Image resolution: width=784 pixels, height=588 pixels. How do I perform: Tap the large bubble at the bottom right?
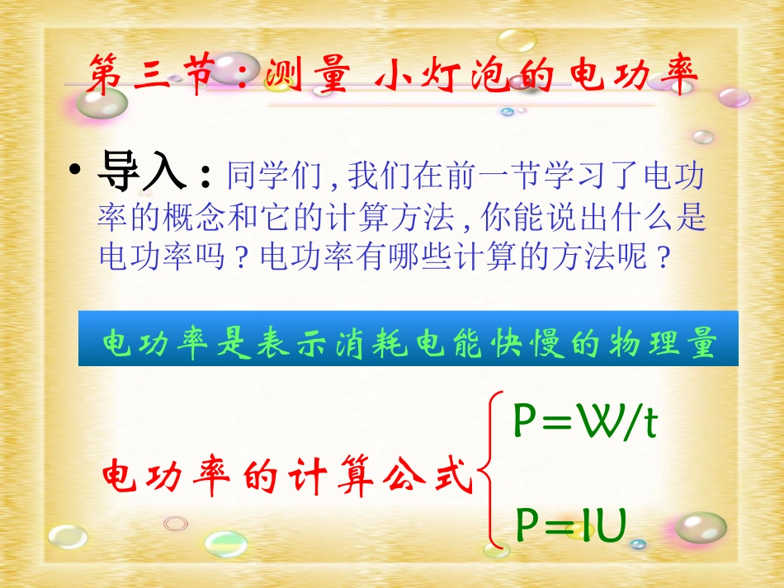pyautogui.click(x=701, y=528)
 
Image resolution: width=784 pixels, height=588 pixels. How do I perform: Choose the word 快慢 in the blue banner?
pyautogui.click(x=511, y=345)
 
